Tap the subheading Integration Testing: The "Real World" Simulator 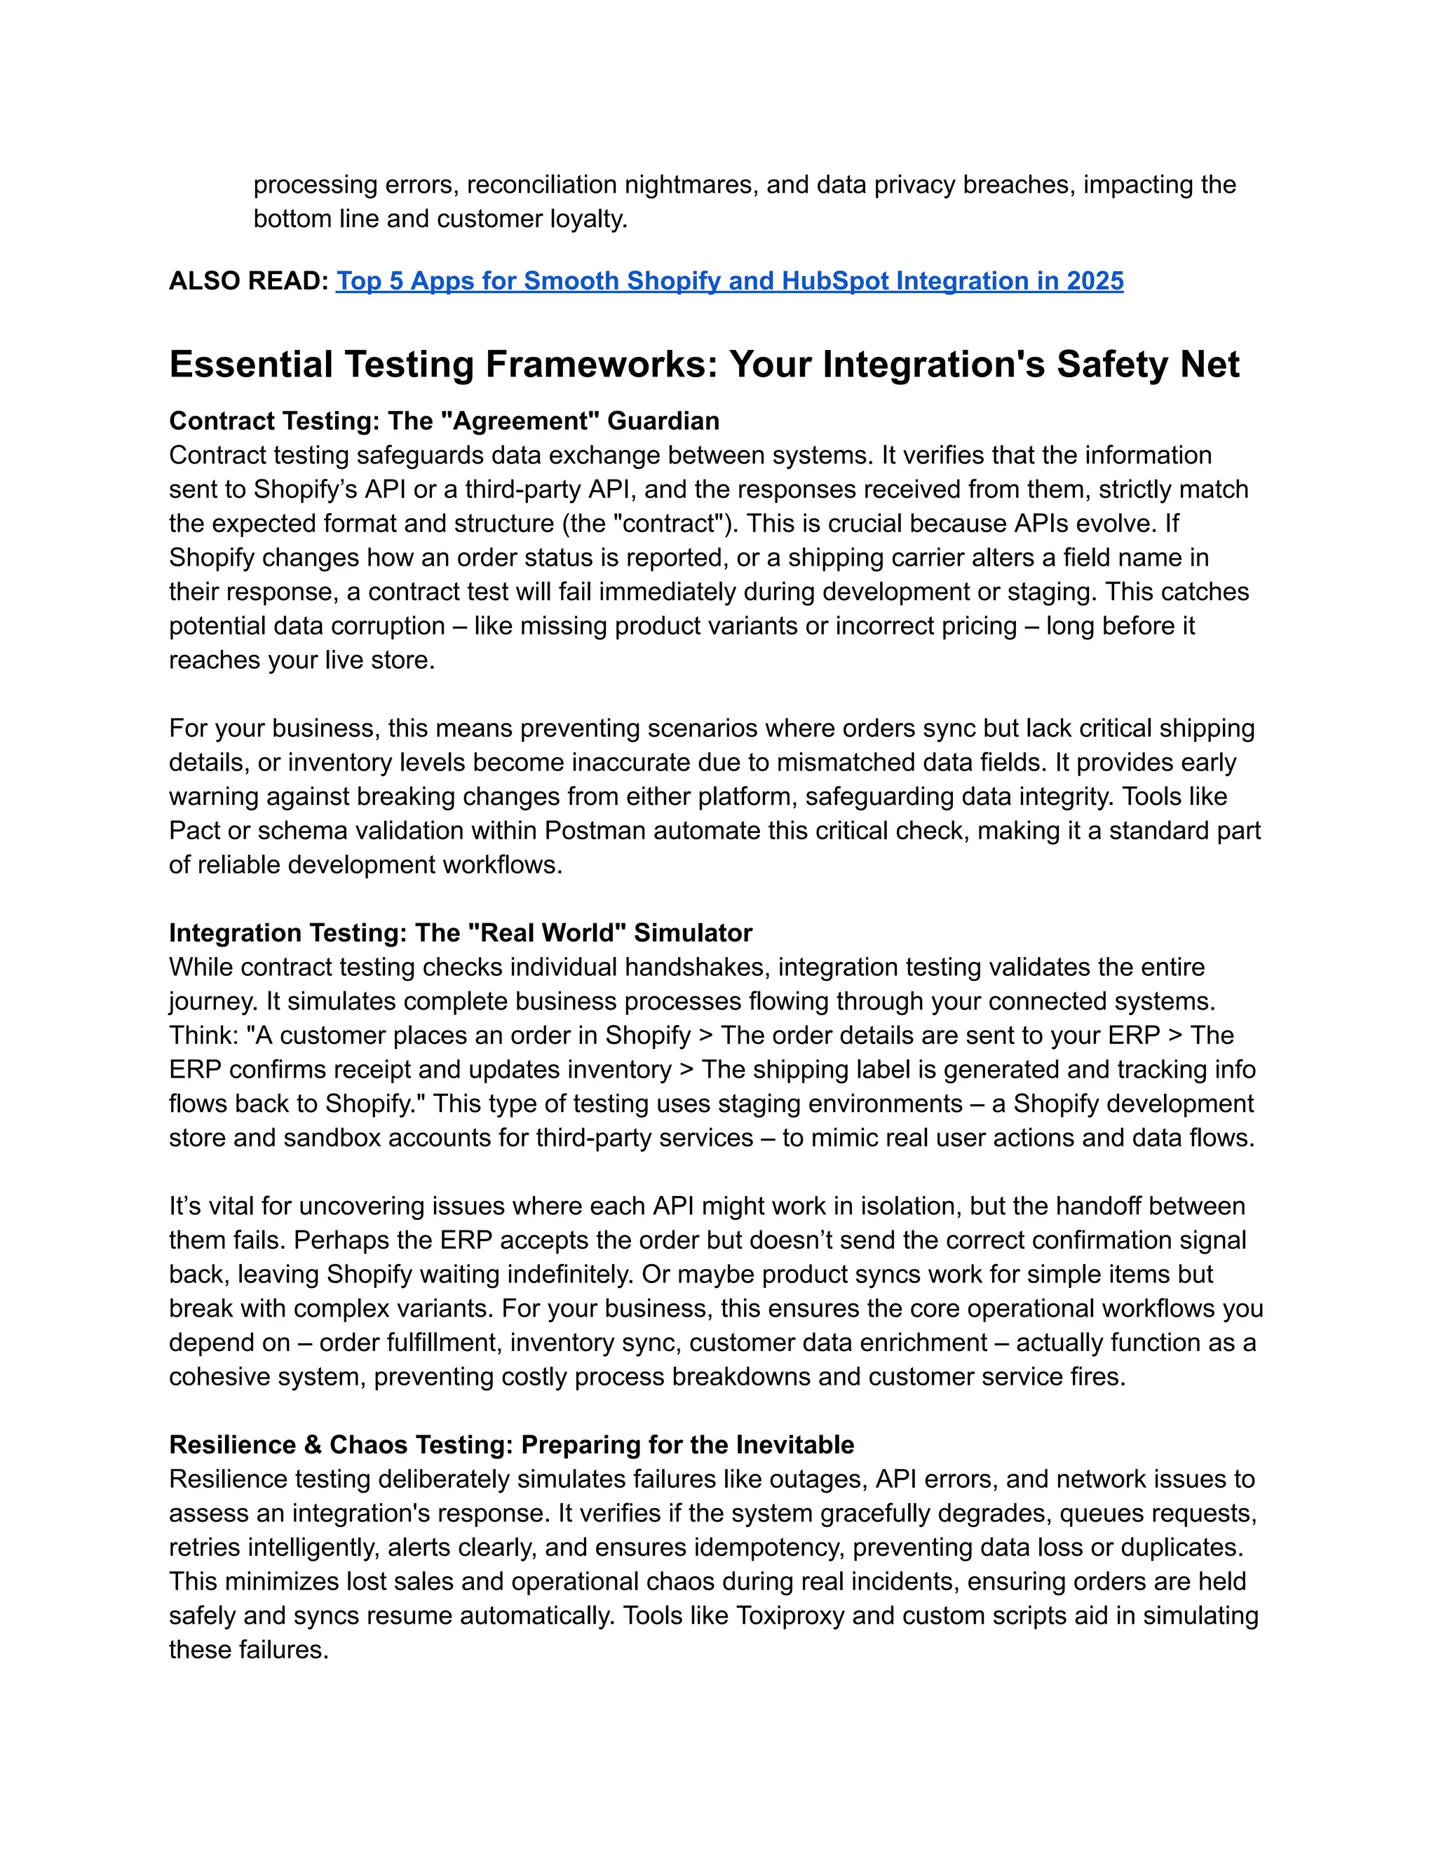(x=460, y=933)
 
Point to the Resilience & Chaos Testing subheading (x=511, y=1444)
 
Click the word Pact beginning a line (x=194, y=830)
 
